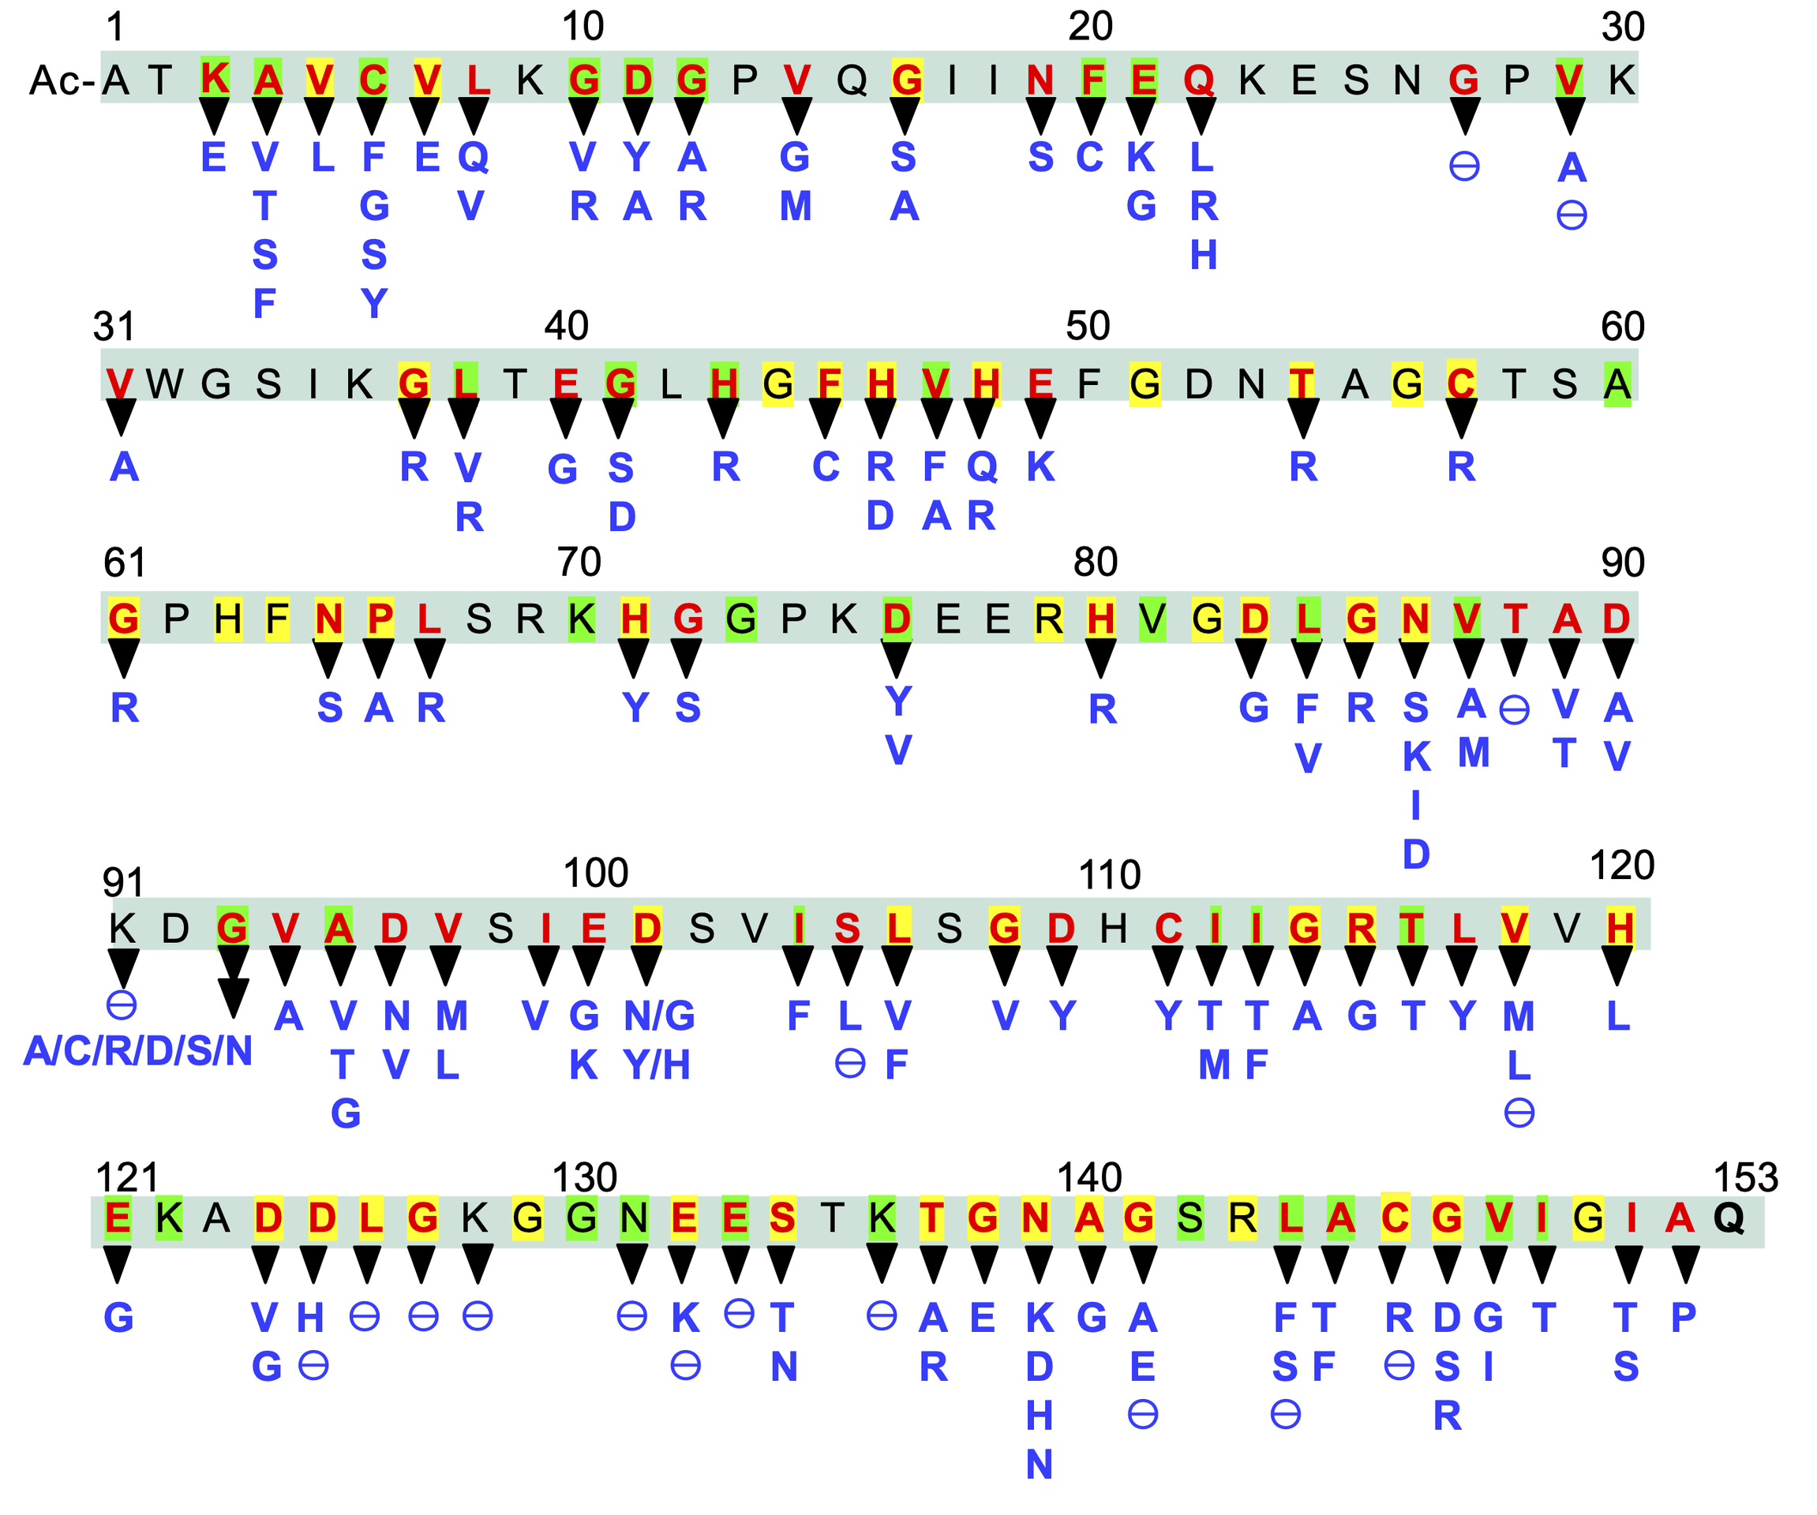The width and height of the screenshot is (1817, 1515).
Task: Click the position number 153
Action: tap(1745, 1178)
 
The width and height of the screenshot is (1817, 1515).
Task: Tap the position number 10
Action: tap(583, 27)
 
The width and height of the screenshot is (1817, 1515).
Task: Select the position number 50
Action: tap(1088, 326)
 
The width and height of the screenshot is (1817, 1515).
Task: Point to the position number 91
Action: tap(123, 882)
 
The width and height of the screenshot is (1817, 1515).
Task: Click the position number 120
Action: tap(1621, 866)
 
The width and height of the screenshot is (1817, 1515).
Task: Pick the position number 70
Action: tap(579, 563)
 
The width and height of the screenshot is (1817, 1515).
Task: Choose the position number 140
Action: tap(1089, 1178)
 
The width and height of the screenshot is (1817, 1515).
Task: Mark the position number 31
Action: tap(114, 327)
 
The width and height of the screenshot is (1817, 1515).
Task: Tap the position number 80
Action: tap(1096, 563)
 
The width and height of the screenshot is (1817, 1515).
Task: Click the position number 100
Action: tap(595, 873)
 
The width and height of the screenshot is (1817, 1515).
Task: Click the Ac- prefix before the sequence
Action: tap(62, 81)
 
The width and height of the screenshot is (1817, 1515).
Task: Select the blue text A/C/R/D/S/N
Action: tap(138, 1052)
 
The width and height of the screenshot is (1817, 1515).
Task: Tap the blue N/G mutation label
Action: tap(659, 1016)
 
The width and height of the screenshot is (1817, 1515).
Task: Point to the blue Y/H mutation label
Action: tap(657, 1065)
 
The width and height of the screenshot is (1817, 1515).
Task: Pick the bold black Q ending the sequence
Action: tap(1729, 1218)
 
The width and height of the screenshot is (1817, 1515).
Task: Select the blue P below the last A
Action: tap(1683, 1318)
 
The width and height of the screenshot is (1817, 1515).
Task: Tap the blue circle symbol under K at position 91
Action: tap(121, 1004)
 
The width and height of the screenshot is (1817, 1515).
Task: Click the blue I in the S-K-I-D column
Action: tap(1415, 806)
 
